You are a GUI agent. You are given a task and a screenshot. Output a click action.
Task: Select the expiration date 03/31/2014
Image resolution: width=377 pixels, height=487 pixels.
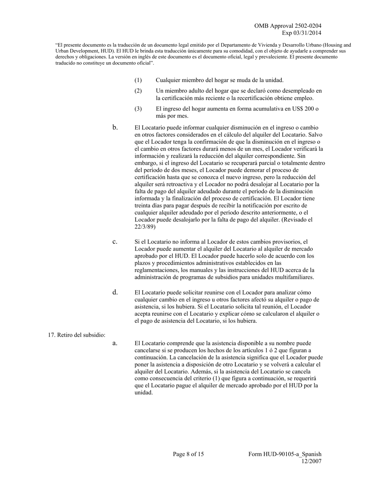coord(307,33)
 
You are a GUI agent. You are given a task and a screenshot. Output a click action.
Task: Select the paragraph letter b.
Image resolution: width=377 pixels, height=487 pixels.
coord(115,127)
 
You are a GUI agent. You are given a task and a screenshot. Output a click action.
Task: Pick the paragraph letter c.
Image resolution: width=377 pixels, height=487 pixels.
coord(115,242)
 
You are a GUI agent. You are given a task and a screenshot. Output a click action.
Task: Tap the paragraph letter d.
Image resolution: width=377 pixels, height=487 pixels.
coord(115,292)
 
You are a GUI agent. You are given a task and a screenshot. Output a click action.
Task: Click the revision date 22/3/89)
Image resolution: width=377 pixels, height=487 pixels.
coord(145,227)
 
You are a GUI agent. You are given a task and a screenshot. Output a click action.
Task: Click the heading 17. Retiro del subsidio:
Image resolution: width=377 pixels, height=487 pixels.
coord(77,335)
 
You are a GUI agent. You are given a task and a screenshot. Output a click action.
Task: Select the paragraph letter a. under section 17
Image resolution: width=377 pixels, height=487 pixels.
coord(115,343)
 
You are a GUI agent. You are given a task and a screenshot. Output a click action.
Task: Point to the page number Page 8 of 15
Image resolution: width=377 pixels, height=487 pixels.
coord(188,454)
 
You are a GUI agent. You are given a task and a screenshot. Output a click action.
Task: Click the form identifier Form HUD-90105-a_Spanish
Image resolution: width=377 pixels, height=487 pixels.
coord(285,454)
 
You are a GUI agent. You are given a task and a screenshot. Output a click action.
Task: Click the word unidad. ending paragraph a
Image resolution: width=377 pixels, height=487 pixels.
coord(144,393)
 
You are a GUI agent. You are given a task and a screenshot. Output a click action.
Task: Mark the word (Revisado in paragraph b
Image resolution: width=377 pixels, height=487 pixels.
coord(293,220)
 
